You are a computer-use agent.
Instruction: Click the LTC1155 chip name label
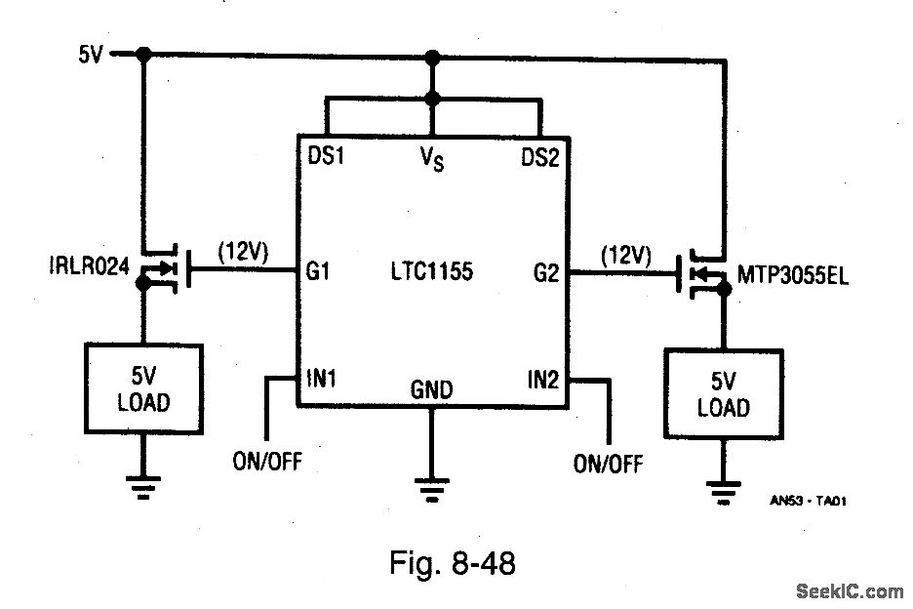point(432,271)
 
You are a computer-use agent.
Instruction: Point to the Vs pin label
point(432,160)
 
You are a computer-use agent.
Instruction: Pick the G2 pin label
point(546,273)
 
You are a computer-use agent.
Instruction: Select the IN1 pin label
point(321,378)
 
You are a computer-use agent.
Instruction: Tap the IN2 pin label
point(543,379)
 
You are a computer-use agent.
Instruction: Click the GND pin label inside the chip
point(431,390)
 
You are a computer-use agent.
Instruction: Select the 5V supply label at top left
point(91,56)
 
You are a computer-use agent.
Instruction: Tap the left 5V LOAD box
point(143,388)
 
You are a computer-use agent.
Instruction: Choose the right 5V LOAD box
point(723,394)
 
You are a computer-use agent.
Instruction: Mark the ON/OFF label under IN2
point(608,464)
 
